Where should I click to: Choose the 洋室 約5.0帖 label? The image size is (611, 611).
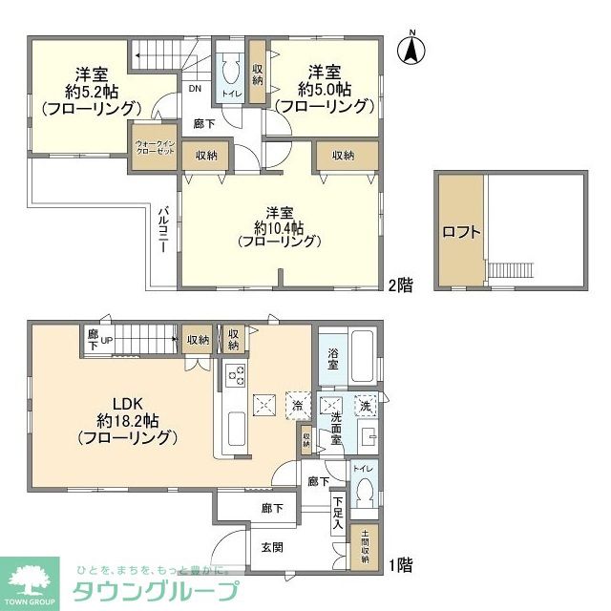click(329, 89)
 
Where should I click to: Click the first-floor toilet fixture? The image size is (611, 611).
click(363, 495)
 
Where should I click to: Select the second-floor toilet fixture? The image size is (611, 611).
click(230, 75)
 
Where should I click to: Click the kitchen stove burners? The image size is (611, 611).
click(236, 377)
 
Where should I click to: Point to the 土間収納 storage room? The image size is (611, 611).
click(364, 547)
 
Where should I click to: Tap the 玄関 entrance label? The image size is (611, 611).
click(272, 547)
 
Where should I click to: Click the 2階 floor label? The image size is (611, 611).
click(400, 284)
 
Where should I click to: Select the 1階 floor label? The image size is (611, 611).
click(400, 565)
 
